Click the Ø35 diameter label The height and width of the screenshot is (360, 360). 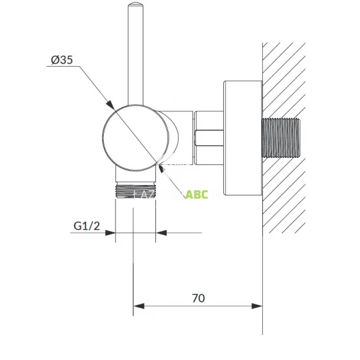(62, 60)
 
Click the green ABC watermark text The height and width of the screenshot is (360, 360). (196, 194)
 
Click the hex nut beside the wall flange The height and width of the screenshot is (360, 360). (209, 137)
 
